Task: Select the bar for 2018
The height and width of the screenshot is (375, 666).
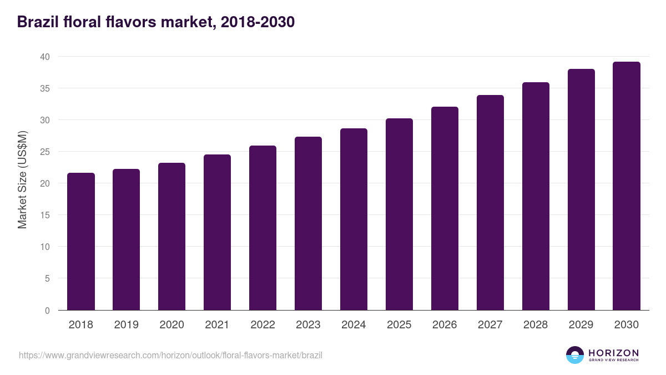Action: pos(81,241)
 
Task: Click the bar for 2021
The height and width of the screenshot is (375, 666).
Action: pos(217,232)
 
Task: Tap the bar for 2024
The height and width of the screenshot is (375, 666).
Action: pos(354,219)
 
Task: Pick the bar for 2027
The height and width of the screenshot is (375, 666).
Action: pos(490,203)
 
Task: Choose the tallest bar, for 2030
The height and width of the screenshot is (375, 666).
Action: pos(627,186)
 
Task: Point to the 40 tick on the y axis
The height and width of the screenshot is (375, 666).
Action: pos(45,57)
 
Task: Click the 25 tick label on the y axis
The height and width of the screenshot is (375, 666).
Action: pos(45,152)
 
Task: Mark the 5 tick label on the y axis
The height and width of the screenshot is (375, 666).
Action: pos(47,278)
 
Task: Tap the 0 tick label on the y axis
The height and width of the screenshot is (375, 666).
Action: pos(47,311)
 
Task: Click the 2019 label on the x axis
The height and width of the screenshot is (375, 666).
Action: pos(127,324)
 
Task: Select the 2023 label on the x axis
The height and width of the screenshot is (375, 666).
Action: pos(308,324)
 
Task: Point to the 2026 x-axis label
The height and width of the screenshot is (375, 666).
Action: pos(445,324)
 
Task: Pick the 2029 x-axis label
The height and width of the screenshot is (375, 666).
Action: pos(581,324)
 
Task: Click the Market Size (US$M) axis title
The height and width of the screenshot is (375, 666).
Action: pos(22,180)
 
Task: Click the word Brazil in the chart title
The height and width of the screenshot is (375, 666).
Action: pos(38,22)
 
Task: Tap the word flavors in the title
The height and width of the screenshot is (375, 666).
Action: pos(131,22)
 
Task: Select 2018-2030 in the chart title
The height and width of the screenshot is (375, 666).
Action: pos(258,22)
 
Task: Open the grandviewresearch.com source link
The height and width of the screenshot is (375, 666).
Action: pos(170,356)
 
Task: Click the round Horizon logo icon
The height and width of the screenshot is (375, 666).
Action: pos(575,355)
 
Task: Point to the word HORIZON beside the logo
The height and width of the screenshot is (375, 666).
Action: pos(614,353)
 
